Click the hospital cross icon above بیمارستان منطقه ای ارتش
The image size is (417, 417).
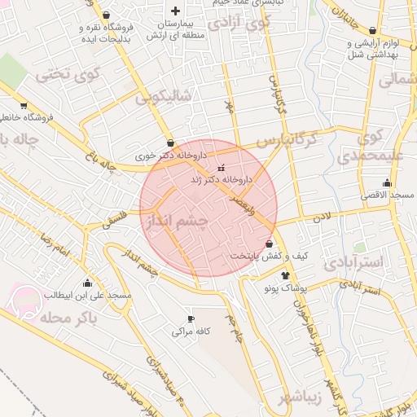click(176, 11)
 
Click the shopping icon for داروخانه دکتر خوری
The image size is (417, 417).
click(169, 143)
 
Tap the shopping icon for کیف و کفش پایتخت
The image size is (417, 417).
click(270, 244)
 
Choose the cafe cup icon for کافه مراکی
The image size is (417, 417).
click(191, 319)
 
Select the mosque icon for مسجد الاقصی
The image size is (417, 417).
click(387, 183)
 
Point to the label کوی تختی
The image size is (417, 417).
click(61, 76)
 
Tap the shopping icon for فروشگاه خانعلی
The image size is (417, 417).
click(24, 105)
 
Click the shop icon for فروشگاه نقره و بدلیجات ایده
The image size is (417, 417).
click(108, 14)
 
